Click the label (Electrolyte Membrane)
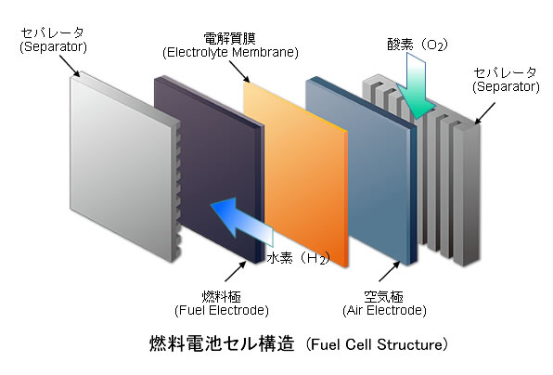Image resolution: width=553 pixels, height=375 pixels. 230,53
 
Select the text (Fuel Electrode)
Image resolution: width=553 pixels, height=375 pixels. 222,310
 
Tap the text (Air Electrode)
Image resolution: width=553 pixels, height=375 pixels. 384,310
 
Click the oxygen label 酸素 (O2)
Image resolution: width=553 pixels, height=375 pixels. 418,45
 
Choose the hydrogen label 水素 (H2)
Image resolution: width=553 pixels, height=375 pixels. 299,258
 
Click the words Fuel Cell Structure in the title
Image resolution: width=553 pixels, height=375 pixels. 377,344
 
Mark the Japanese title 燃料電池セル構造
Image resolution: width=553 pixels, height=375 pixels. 222,343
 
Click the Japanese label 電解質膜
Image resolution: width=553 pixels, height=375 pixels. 229,38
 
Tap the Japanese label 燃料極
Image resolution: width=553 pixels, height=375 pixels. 222,297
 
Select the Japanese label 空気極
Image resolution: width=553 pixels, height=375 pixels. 384,297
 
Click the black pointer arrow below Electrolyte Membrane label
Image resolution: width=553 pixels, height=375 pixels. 239,71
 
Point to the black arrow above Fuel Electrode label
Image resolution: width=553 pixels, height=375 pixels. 236,271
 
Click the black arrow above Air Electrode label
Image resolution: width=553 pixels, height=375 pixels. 390,271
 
